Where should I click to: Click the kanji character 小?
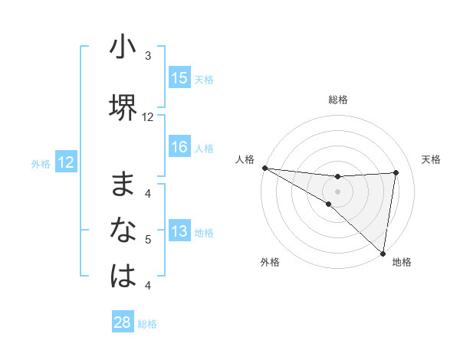click(123, 47)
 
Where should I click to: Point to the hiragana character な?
click(123, 230)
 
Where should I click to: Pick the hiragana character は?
click(123, 276)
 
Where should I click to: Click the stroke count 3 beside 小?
click(148, 56)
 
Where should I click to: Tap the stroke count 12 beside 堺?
click(148, 117)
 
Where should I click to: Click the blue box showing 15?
click(179, 78)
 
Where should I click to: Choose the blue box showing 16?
click(179, 147)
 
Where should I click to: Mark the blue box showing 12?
click(65, 162)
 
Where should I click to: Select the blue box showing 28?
click(123, 322)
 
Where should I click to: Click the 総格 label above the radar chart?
click(338, 100)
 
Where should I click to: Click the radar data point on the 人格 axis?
click(264, 168)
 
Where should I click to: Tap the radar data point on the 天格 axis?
click(396, 172)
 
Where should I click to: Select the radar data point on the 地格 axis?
click(383, 252)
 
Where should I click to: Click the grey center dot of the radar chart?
click(337, 190)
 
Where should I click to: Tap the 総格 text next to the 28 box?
click(147, 324)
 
